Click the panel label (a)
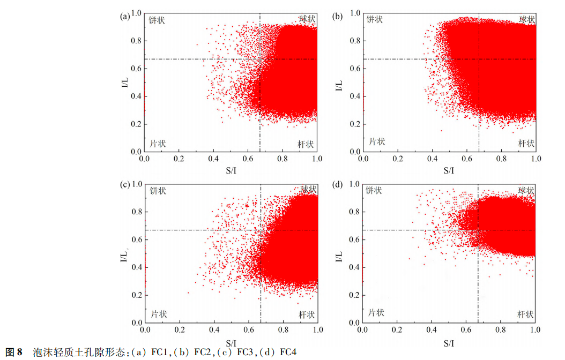tap(125, 16)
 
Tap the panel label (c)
tap(124, 185)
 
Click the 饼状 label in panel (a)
tap(157, 20)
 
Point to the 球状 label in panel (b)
tap(526, 19)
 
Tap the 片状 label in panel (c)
tap(158, 314)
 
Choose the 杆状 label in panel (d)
tap(525, 314)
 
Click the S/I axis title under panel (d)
tap(449, 342)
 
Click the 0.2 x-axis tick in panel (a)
tap(179, 160)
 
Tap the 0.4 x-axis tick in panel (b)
tap(432, 160)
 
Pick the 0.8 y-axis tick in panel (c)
tap(136, 212)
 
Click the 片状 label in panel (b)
tap(377, 142)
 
